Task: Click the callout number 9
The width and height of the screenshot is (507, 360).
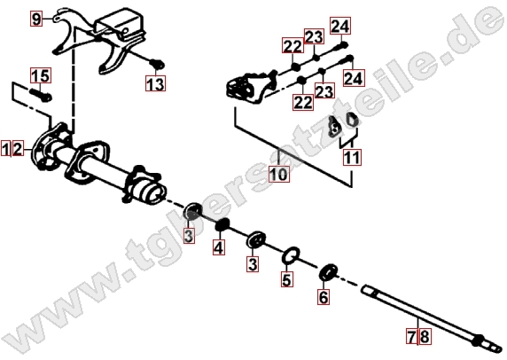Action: tap(36, 19)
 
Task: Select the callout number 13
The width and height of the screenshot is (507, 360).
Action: tap(155, 83)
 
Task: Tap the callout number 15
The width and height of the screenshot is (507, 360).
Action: tap(41, 75)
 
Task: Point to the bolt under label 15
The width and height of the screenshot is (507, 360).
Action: tap(41, 94)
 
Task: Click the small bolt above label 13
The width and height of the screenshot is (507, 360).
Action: tap(158, 64)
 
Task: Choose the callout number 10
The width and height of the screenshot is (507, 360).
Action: tap(279, 174)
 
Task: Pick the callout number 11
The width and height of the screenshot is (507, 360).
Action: tap(352, 158)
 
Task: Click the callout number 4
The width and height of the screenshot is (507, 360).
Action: tap(219, 247)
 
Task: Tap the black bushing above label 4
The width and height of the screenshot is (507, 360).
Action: tap(222, 224)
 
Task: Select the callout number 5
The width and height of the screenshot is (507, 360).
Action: tap(287, 279)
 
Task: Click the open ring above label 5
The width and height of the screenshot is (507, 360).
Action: tap(291, 255)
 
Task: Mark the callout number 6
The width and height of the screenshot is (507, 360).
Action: tap(324, 297)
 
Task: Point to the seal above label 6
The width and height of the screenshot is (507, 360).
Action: tap(328, 272)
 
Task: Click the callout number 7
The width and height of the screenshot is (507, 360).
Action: tap(412, 336)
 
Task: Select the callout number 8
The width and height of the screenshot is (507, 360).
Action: tap(425, 336)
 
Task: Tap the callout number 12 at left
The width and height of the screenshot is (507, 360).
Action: tap(12, 149)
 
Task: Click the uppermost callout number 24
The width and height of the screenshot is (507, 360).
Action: tap(340, 26)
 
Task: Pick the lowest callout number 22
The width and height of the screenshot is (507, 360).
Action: tap(303, 102)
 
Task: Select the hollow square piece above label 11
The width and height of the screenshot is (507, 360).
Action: tap(353, 120)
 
